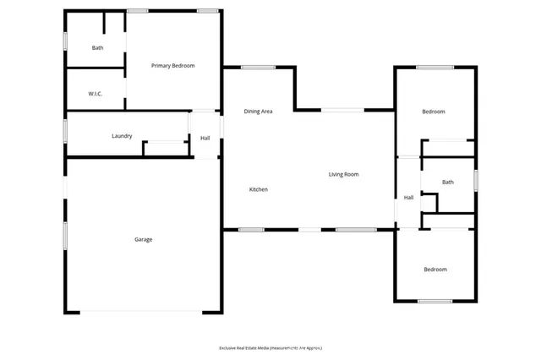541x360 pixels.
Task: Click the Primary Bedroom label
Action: (173, 65)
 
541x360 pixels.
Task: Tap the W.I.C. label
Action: (96, 93)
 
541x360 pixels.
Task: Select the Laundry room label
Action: (122, 136)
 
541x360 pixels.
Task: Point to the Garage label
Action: (143, 239)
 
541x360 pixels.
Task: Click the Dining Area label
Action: (258, 112)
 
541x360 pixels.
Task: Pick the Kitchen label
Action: (258, 189)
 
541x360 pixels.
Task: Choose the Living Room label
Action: (344, 174)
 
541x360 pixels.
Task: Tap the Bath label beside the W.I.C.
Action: (98, 47)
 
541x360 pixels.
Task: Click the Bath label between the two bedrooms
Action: (447, 182)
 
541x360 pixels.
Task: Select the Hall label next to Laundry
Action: (205, 139)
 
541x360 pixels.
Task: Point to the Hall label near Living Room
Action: (408, 198)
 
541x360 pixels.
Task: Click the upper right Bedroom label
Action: (434, 112)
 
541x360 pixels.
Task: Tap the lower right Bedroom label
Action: (435, 270)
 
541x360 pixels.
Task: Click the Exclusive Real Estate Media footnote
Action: (270, 348)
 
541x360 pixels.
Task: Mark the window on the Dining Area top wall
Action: (258, 67)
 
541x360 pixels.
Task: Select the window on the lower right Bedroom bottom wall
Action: (434, 302)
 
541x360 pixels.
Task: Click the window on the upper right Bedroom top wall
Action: (434, 67)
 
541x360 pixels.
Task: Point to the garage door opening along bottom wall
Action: (141, 312)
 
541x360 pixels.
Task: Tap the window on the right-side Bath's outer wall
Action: (476, 180)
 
